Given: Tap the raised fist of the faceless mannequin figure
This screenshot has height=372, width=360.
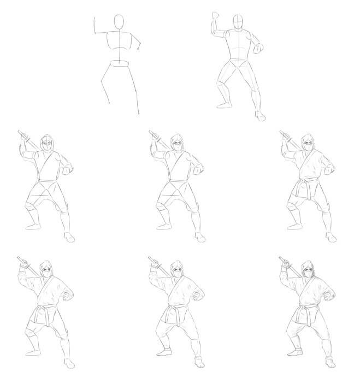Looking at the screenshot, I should (215, 14).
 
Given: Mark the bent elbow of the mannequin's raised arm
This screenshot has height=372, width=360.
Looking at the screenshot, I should (214, 32).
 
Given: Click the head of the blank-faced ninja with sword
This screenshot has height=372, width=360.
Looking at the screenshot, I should (48, 144).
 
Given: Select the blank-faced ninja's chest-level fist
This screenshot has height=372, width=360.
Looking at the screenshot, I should (67, 171).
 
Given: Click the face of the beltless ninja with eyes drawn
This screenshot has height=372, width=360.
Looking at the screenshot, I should (179, 145).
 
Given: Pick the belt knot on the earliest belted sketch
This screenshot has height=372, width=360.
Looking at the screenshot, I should (308, 182).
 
